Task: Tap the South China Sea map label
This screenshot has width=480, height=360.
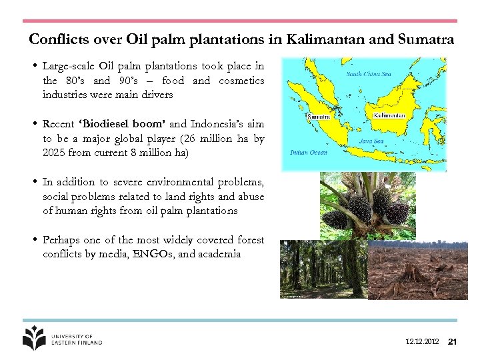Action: [367, 74]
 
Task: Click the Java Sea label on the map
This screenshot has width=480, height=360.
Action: [371, 141]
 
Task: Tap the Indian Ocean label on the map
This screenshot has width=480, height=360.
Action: [309, 153]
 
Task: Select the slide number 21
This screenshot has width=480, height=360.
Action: [452, 342]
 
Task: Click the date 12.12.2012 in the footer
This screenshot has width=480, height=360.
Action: [422, 342]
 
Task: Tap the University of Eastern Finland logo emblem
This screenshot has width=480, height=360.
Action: [34, 337]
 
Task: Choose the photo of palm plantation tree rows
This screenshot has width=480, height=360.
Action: [323, 269]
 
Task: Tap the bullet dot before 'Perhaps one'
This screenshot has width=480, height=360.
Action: [33, 239]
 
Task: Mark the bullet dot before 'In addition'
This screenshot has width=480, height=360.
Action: [33, 182]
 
